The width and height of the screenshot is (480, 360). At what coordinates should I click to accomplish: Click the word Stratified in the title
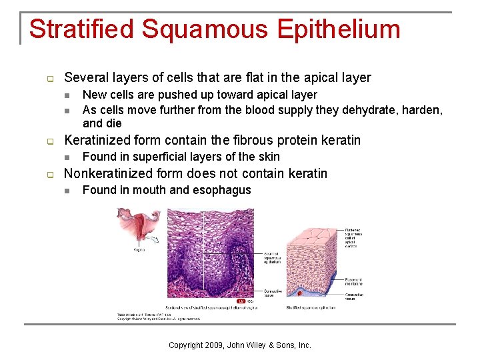tap(82, 29)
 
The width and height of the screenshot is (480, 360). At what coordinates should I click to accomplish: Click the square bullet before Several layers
tap(49, 78)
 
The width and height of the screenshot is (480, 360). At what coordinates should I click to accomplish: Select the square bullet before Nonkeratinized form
tap(49, 175)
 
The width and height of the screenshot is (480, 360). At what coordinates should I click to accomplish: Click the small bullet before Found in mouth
tap(66, 191)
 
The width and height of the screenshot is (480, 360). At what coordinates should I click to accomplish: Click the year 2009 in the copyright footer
tap(211, 345)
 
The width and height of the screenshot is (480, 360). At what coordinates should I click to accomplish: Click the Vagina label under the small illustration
tap(139, 250)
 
